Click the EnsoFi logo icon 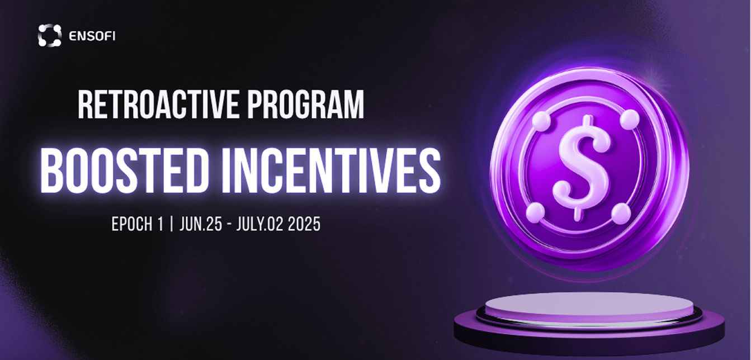[50, 35]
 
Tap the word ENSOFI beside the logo [92, 36]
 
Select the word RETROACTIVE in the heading [158, 104]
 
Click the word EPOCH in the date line [133, 224]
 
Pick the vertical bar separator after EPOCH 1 [172, 224]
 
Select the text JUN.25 [201, 224]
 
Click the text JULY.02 [260, 224]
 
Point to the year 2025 [304, 224]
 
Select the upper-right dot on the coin [630, 120]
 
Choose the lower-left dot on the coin [535, 212]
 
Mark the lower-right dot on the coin [622, 213]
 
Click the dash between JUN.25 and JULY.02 [229, 224]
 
